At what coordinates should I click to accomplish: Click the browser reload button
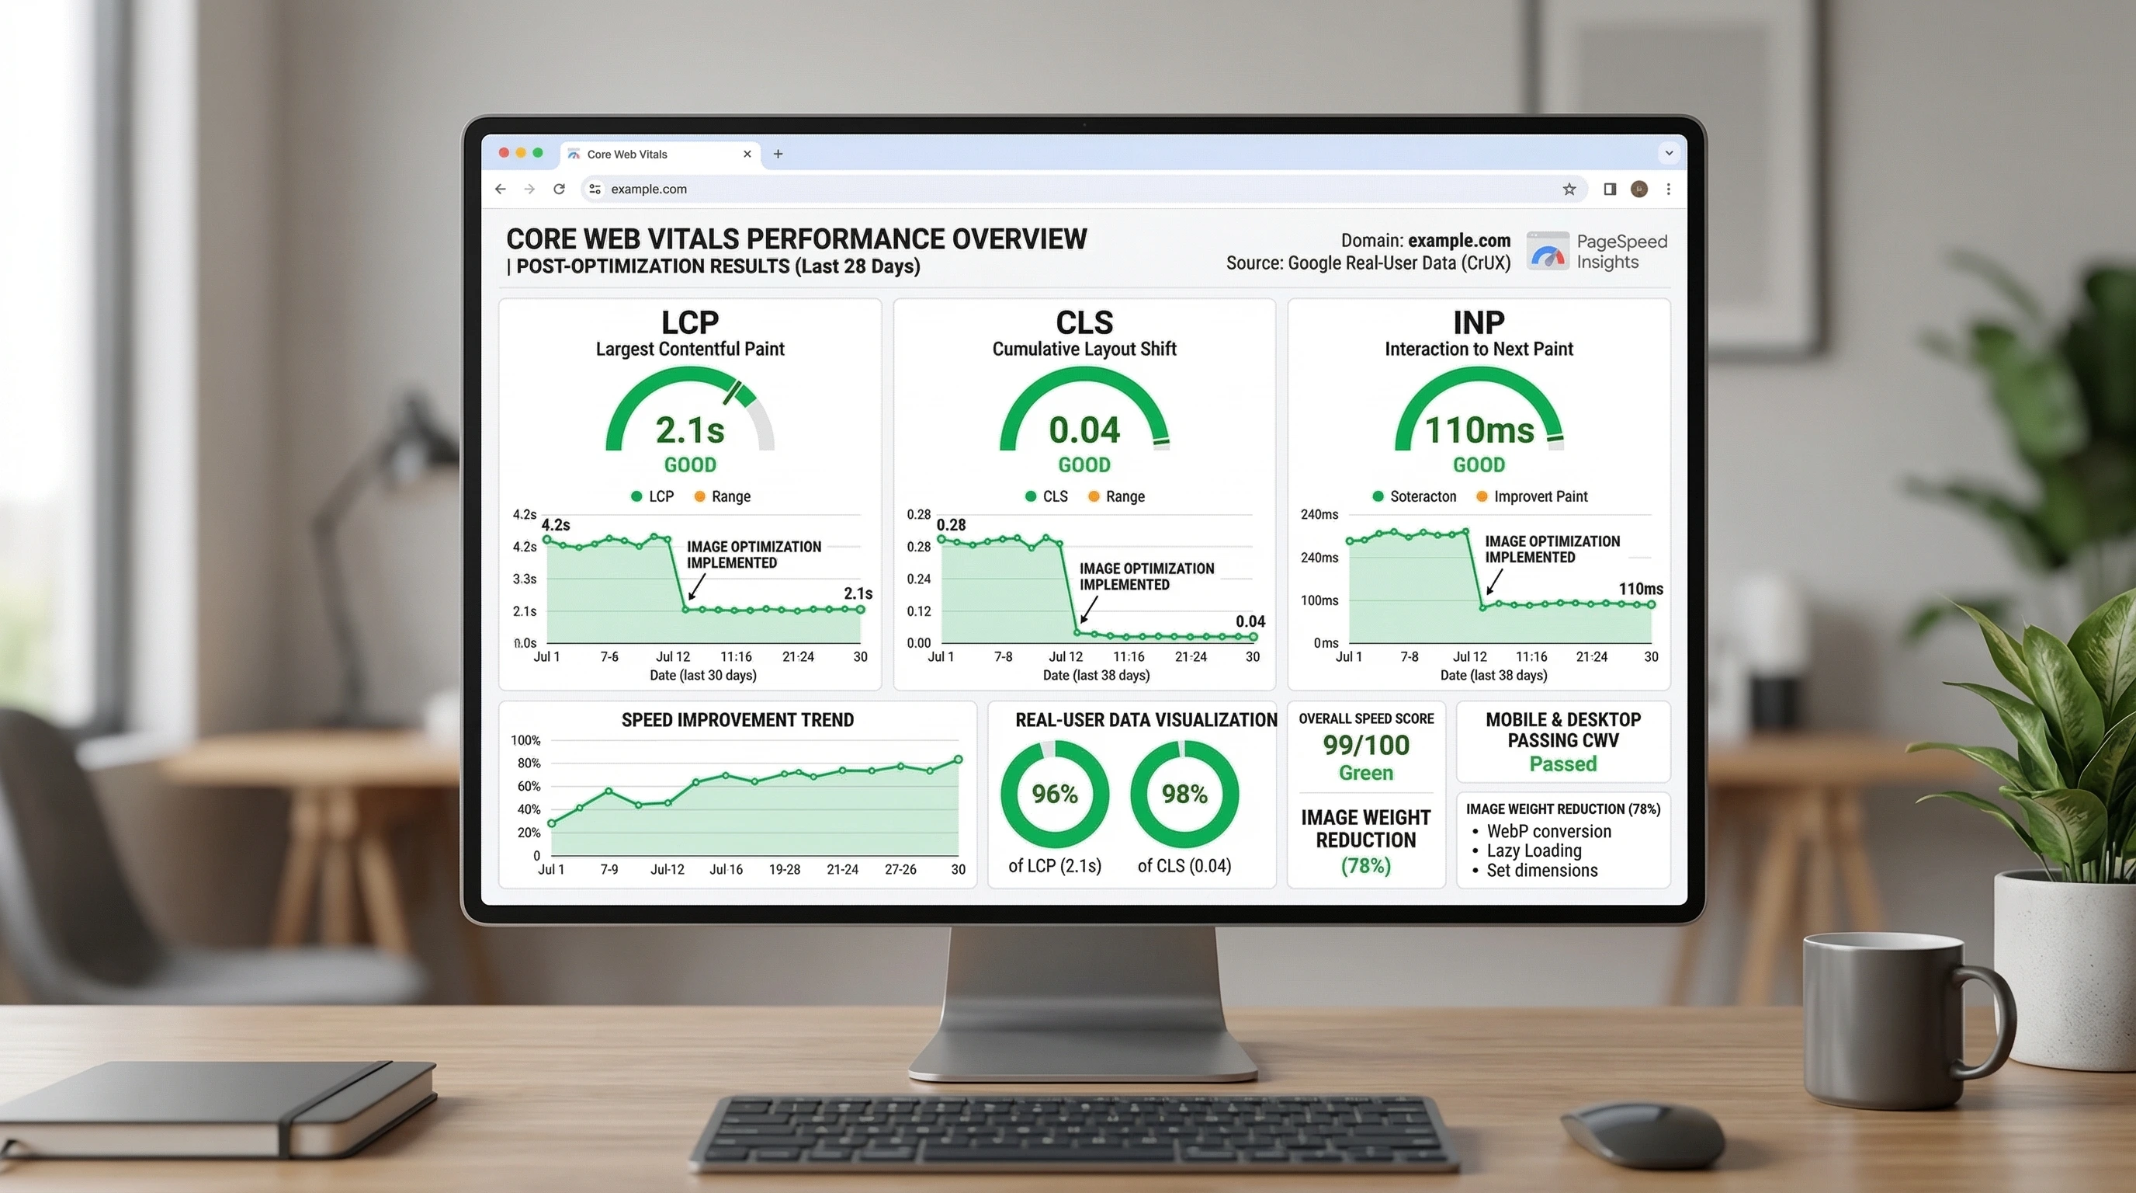click(x=559, y=190)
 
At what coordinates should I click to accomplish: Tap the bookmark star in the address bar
click(x=1569, y=190)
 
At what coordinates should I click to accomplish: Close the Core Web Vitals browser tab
click(x=747, y=154)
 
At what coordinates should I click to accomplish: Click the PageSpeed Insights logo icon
click(x=1547, y=252)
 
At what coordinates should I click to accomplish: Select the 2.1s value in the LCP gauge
click(x=690, y=430)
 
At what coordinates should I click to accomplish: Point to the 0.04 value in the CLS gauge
click(x=1084, y=430)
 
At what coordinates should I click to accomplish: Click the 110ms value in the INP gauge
click(x=1479, y=430)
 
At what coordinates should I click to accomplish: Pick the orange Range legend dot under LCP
click(x=700, y=496)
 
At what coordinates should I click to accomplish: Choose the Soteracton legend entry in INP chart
click(x=1422, y=496)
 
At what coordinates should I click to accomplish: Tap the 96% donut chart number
click(x=1055, y=794)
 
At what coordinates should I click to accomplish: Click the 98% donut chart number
click(x=1184, y=794)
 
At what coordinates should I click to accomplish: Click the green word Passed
click(x=1562, y=763)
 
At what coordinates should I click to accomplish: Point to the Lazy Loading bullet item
click(x=1534, y=850)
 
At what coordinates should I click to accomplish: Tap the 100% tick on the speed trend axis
click(x=525, y=740)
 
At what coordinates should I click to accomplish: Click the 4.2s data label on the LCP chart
click(x=556, y=524)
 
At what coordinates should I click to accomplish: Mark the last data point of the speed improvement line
click(x=959, y=759)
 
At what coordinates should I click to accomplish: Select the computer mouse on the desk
click(x=1642, y=1133)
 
